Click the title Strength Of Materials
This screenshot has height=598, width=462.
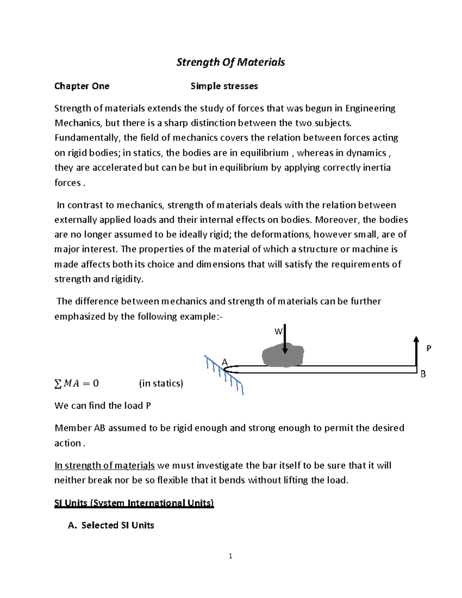230,62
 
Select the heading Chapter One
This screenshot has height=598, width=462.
82,86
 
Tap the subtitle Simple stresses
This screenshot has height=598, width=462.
224,86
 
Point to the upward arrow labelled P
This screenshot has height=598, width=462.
416,350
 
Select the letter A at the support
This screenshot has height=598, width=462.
225,362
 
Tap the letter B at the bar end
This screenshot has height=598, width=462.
423,374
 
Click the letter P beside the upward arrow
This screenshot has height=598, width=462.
429,348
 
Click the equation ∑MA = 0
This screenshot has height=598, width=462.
77,384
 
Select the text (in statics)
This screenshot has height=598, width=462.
161,384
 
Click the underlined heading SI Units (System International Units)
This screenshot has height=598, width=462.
134,503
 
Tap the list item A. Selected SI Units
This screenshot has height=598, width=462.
111,526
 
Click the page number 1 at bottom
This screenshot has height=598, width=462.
230,556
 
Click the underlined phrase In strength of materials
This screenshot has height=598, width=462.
104,466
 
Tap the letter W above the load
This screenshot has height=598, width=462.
278,332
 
